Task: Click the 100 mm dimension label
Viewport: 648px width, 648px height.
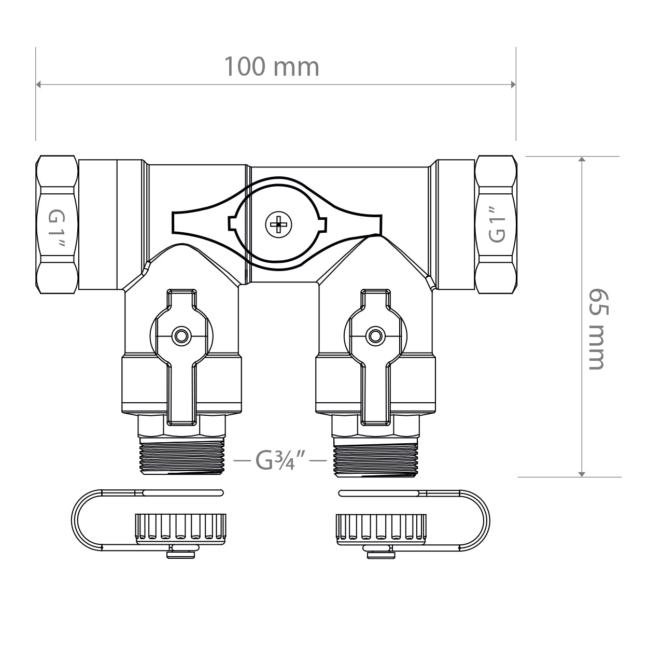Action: click(271, 67)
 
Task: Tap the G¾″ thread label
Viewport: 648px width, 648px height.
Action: click(280, 459)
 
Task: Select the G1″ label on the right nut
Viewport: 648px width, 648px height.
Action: click(497, 224)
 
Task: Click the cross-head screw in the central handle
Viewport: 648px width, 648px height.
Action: click(278, 224)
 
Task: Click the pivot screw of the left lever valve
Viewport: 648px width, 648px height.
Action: click(181, 336)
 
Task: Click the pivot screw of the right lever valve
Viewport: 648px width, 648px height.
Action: click(374, 336)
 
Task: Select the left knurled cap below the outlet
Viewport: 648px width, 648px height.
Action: click(181, 528)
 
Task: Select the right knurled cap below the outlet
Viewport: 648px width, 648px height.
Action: click(381, 528)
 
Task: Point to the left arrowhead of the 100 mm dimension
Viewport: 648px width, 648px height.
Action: click(38, 84)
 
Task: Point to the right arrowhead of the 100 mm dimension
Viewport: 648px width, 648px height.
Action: click(513, 84)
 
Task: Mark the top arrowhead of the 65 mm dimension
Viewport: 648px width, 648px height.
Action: click(582, 159)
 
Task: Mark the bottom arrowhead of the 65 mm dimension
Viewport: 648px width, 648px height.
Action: click(582, 473)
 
